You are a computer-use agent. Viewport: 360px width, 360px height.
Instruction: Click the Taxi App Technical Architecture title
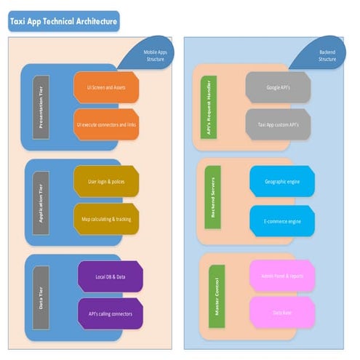pyautogui.click(x=63, y=22)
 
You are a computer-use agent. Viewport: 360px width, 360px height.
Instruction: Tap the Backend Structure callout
pyautogui.click(x=326, y=55)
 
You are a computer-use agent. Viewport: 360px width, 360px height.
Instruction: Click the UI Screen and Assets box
pyautogui.click(x=106, y=87)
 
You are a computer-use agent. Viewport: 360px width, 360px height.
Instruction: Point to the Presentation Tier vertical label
pyautogui.click(x=41, y=106)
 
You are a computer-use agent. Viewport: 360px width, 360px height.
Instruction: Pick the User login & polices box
pyautogui.click(x=106, y=181)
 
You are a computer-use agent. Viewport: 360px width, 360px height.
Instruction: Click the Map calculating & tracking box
pyautogui.click(x=106, y=219)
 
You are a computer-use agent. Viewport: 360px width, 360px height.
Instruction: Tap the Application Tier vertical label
pyautogui.click(x=41, y=201)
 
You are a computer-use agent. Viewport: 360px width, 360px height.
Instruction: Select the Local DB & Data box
pyautogui.click(x=110, y=276)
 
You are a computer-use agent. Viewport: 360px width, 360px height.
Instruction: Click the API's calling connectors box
pyautogui.click(x=110, y=313)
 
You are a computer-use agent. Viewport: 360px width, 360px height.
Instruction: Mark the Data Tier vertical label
pyautogui.click(x=41, y=295)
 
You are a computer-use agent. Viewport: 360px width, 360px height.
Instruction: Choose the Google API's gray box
pyautogui.click(x=278, y=87)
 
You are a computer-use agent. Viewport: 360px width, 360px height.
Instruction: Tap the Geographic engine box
pyautogui.click(x=282, y=181)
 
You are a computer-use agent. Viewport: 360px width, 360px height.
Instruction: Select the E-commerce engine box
pyautogui.click(x=282, y=220)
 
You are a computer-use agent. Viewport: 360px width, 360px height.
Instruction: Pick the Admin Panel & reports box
pyautogui.click(x=282, y=276)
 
